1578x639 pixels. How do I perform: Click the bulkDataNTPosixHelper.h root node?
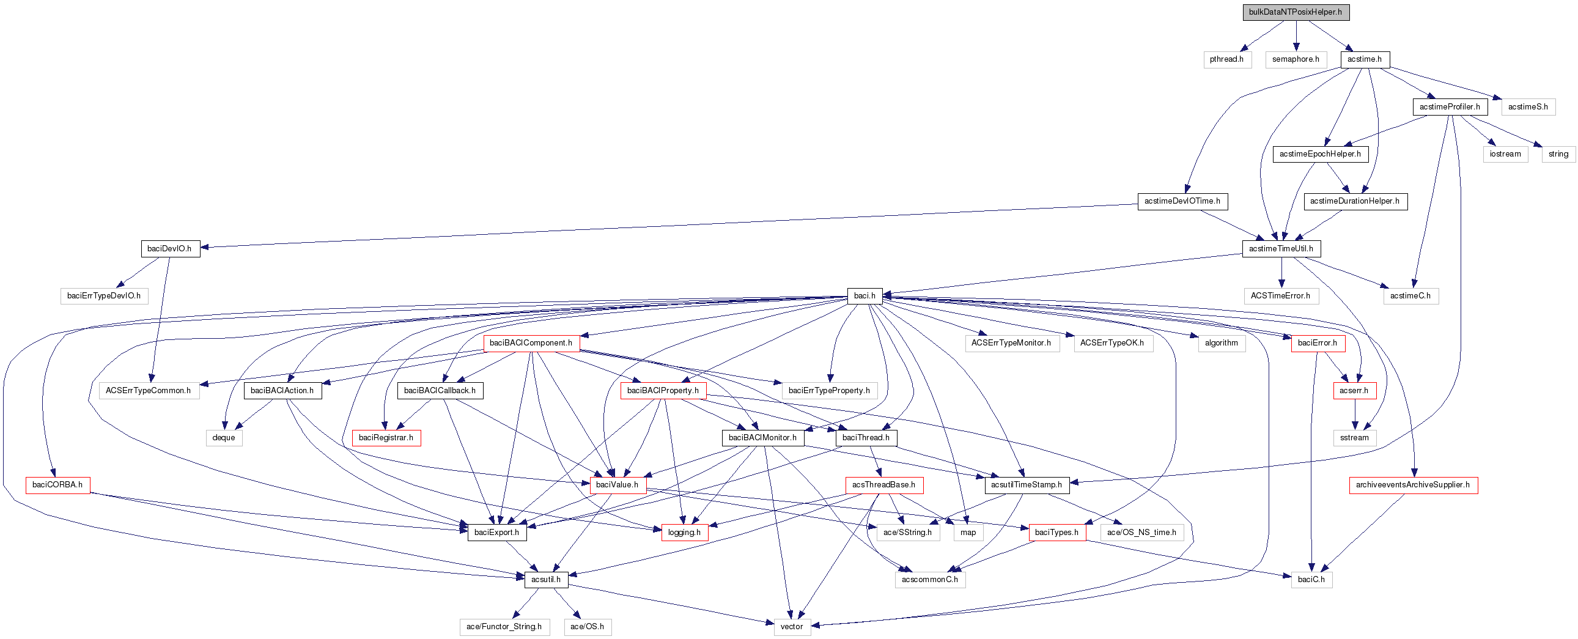[1296, 12]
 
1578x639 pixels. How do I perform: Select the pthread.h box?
[1226, 59]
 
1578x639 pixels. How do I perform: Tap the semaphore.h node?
[1296, 59]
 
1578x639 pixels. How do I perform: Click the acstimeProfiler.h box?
[1450, 106]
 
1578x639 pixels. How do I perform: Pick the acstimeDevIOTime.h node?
[1182, 201]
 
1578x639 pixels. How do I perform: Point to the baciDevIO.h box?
[170, 249]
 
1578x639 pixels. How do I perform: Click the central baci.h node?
[865, 296]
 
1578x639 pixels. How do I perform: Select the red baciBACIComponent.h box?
[531, 343]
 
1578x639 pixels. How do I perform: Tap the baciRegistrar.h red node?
[386, 437]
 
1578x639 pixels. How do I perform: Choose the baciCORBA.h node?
[57, 485]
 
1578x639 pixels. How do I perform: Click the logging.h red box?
[684, 533]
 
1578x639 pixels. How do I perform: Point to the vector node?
[792, 627]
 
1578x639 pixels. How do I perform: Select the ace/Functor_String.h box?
[504, 627]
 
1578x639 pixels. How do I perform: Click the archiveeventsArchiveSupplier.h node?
[1412, 485]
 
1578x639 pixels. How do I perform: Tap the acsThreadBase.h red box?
[883, 485]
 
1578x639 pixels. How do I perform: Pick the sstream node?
[1354, 437]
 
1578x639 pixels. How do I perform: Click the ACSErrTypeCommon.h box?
[148, 390]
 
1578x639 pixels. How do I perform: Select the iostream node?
[1505, 153]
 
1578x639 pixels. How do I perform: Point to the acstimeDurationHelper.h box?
[1355, 201]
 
